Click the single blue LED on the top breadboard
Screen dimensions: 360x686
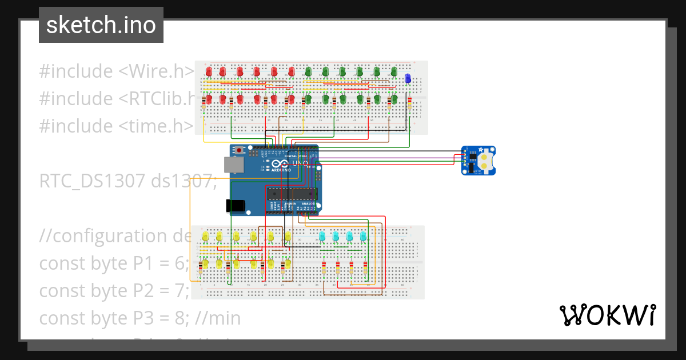click(x=407, y=79)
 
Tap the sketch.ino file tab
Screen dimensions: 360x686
click(x=101, y=25)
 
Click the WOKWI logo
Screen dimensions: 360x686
click(x=607, y=315)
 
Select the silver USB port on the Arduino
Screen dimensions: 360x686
click(x=234, y=165)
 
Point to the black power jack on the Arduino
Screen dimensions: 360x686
click(x=237, y=205)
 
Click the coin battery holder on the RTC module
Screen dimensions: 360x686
click(x=485, y=160)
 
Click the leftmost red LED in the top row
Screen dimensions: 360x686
click(x=209, y=71)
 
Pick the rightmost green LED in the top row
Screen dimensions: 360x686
click(x=394, y=71)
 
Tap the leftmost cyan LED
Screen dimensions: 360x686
click(x=322, y=235)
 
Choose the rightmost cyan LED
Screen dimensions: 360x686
click(x=363, y=235)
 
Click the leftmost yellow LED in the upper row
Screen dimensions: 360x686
click(x=205, y=236)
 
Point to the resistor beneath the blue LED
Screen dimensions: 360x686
click(x=409, y=104)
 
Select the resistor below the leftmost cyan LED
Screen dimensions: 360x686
click(x=324, y=268)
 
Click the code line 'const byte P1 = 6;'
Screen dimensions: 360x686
click(x=114, y=263)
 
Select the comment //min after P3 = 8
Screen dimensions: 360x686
click(x=217, y=318)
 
